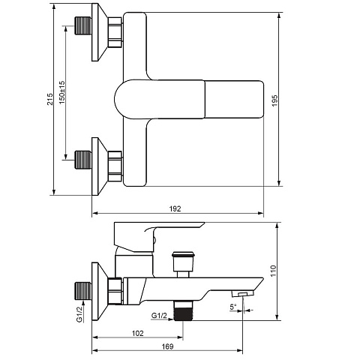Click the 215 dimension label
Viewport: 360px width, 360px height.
tap(50, 99)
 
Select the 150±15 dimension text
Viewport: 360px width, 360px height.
tap(61, 92)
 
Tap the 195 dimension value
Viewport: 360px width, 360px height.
tap(274, 100)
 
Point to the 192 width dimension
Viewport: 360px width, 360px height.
tap(175, 208)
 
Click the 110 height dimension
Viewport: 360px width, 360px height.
tap(273, 271)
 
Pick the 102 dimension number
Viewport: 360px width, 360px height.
tap(138, 333)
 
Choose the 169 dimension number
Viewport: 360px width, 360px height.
tap(167, 346)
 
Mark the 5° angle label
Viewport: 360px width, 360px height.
tap(233, 307)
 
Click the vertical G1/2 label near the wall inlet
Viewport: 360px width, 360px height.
tap(79, 314)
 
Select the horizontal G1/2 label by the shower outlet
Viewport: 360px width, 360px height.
tap(159, 316)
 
